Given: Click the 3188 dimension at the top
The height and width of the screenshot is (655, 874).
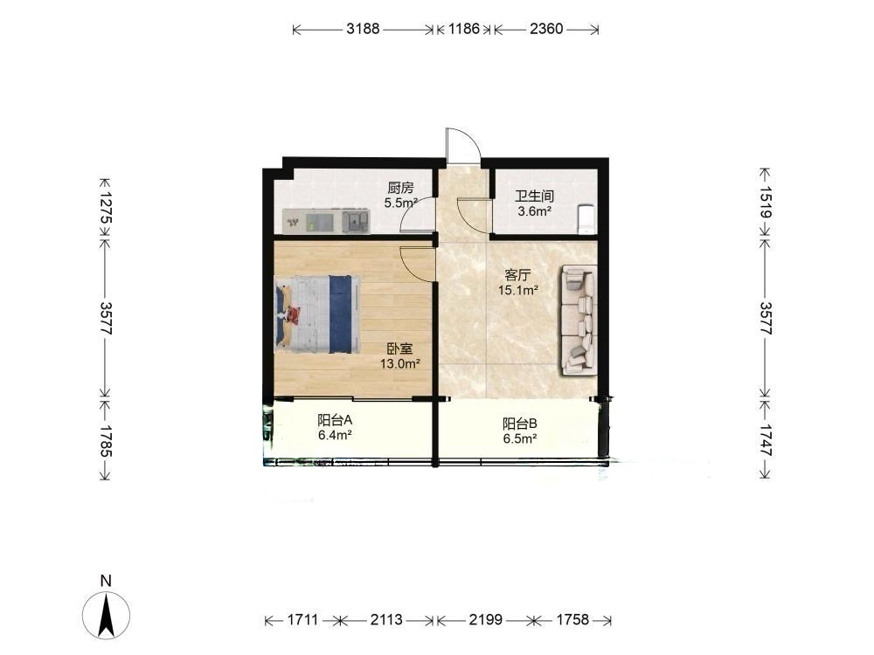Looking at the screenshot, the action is point(363,29).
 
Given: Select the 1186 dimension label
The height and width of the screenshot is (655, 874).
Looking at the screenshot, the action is point(464,29).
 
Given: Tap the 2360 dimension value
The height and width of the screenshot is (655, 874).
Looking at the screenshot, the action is point(546,29).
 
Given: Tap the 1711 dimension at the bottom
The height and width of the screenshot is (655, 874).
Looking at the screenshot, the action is point(302,619).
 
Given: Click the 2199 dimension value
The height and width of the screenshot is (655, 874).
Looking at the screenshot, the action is point(485,619).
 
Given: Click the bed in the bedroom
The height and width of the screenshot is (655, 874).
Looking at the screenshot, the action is point(317,314).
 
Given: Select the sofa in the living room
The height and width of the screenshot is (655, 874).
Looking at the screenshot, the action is point(579,320).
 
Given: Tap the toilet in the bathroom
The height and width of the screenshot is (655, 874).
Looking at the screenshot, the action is point(586,219).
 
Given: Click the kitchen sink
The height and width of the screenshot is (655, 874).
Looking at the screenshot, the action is point(356,221).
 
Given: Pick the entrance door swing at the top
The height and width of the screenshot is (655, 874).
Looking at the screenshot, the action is point(463,146).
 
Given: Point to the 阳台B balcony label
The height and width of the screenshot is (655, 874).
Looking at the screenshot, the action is point(520,424).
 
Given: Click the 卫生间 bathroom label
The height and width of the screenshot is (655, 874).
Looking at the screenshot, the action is point(534,196).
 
